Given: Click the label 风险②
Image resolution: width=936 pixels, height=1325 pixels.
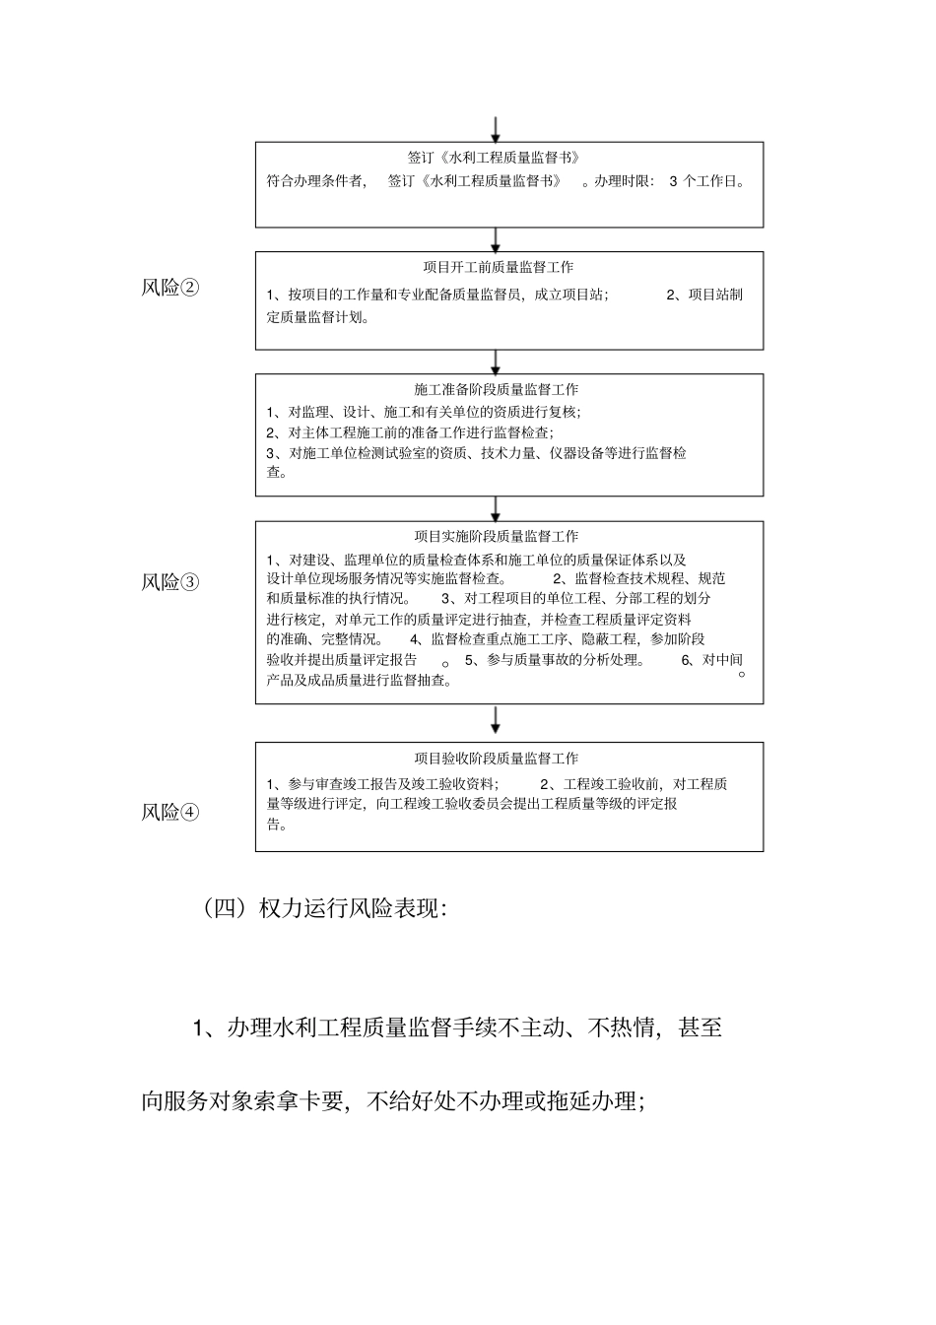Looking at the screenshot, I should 170,288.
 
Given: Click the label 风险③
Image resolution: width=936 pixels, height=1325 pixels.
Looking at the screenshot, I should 170,581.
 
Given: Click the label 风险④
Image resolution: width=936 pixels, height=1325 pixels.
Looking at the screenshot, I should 170,812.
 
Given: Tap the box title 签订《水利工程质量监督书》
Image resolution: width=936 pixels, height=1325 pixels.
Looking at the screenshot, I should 494,158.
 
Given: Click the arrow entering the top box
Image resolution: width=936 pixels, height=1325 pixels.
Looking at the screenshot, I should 496,129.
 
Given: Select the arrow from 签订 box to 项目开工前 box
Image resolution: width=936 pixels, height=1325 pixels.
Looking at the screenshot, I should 496,239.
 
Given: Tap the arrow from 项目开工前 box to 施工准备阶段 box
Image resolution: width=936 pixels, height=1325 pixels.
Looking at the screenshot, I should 496,362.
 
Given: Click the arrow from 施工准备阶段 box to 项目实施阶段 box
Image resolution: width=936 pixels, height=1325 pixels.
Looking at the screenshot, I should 496,508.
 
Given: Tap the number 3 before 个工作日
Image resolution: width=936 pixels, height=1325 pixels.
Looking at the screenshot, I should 673,181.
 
